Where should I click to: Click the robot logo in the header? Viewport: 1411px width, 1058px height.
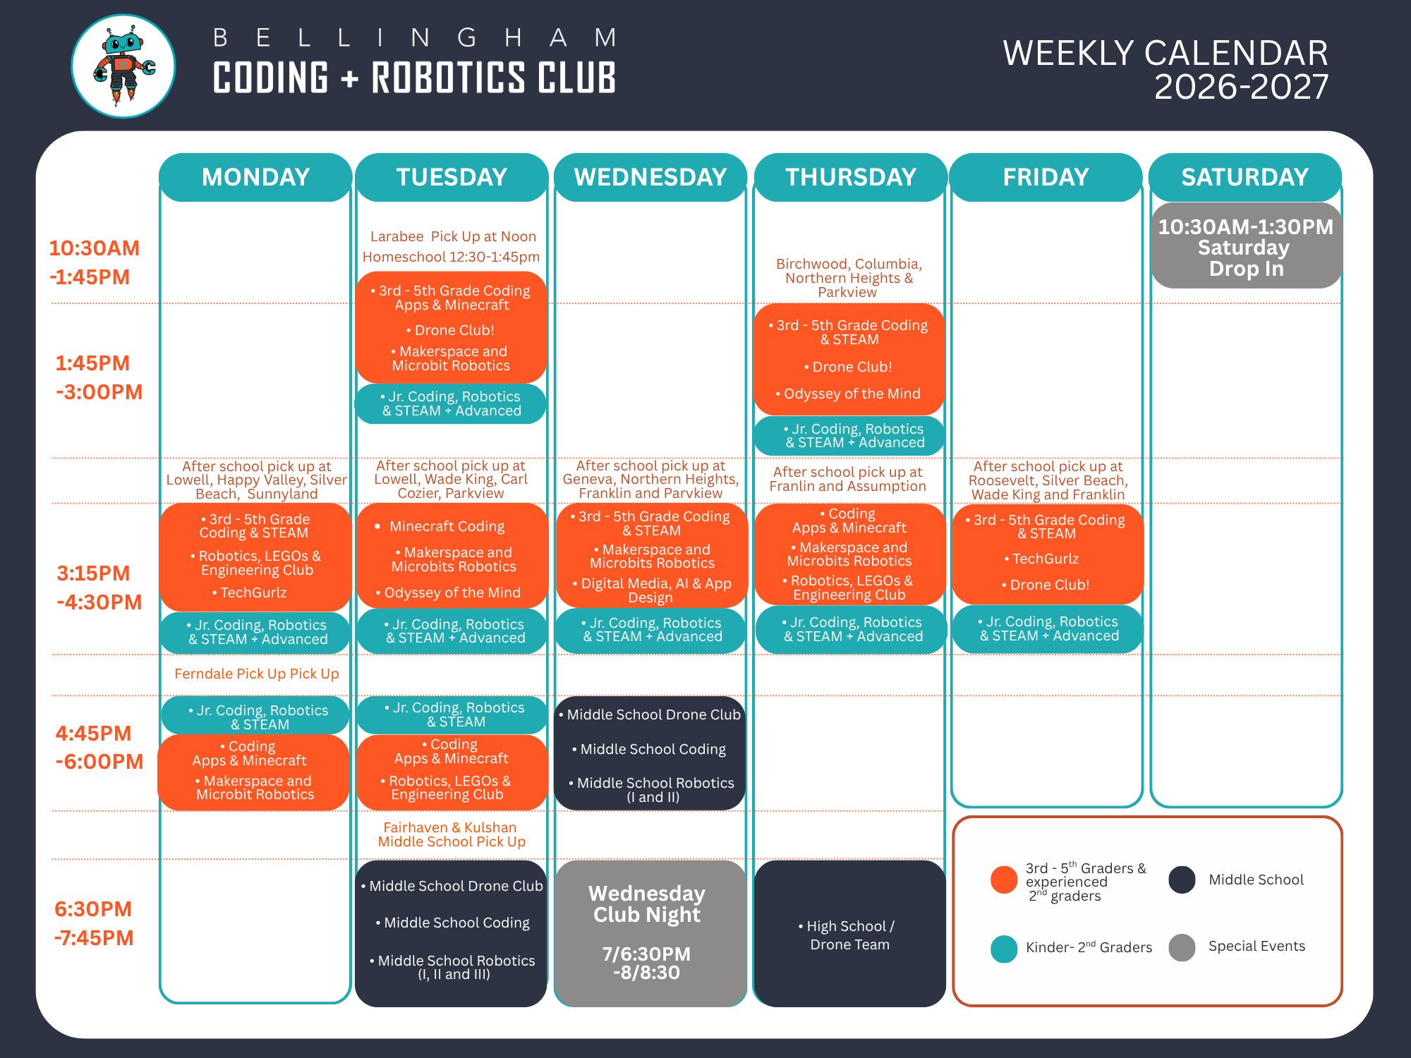point(123,66)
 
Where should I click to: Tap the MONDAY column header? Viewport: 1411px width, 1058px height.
point(255,177)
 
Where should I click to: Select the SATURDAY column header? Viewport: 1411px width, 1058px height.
point(1245,177)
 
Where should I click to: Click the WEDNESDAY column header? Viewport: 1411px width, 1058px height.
point(650,177)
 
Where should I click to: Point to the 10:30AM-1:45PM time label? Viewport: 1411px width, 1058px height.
point(94,262)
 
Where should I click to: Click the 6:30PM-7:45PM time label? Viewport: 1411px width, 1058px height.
point(94,923)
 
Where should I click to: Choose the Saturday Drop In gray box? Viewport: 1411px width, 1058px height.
point(1246,247)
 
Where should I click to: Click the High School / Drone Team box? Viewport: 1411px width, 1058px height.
point(850,935)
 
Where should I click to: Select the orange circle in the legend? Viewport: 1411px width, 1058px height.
point(1003,880)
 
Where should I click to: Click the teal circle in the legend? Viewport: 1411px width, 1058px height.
point(1003,949)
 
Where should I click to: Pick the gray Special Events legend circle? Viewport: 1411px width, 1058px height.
point(1182,947)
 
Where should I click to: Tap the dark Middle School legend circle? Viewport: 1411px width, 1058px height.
point(1182,880)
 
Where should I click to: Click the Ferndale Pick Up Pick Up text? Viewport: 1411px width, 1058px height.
point(257,674)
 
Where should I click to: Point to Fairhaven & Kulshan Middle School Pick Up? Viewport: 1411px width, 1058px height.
point(452,834)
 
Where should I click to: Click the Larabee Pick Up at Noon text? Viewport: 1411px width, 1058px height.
point(453,236)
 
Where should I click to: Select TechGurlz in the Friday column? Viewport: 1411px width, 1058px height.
point(1046,559)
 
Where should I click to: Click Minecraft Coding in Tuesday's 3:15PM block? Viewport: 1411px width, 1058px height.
point(447,526)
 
